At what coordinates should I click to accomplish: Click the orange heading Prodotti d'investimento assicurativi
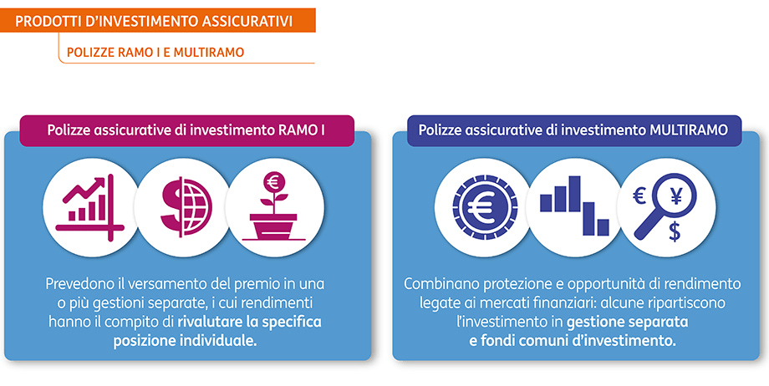point(154,21)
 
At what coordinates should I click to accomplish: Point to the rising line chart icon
point(89,204)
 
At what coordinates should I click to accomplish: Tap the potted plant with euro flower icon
point(272,206)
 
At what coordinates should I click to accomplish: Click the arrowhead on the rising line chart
point(106,182)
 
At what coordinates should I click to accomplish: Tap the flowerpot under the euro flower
point(271,226)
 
